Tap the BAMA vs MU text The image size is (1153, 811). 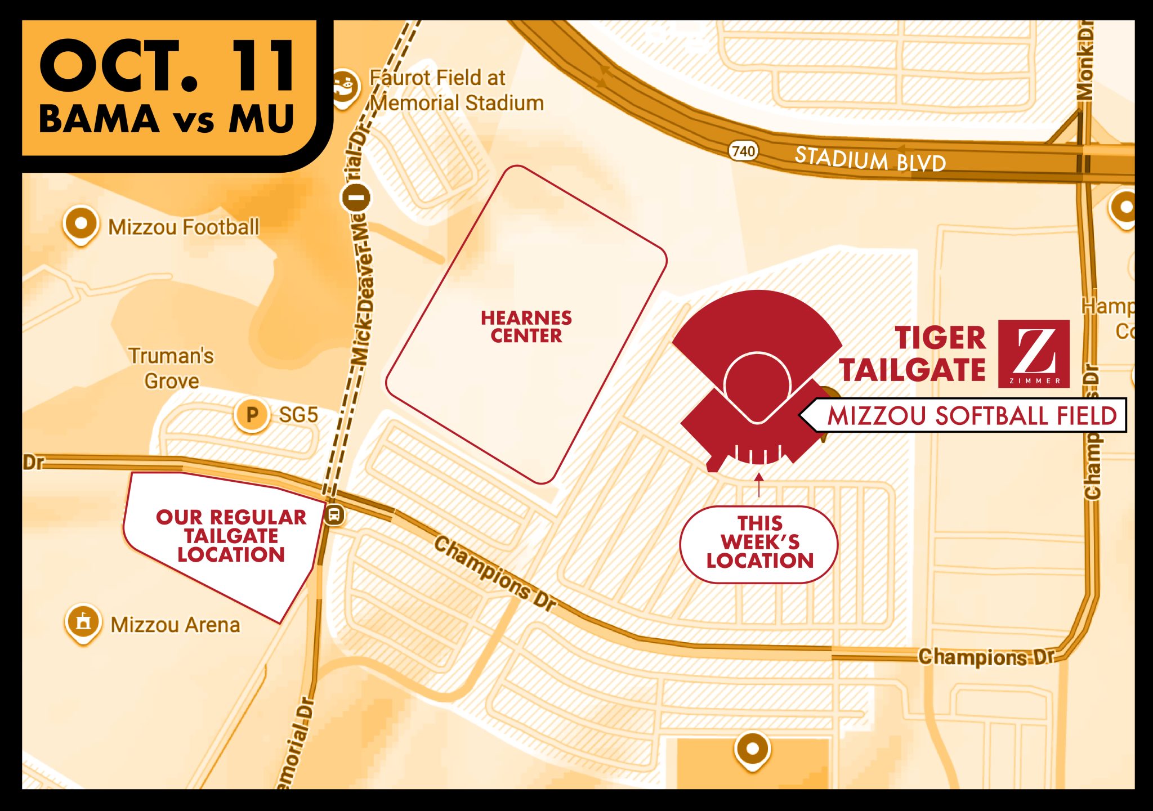(167, 119)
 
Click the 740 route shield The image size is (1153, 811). (743, 151)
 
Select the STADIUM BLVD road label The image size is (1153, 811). (870, 159)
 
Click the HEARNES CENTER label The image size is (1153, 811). (526, 326)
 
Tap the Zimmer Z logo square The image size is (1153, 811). (1034, 353)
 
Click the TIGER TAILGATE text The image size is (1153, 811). (913, 353)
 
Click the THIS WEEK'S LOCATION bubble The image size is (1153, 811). (759, 543)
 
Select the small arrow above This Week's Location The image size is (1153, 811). (759, 483)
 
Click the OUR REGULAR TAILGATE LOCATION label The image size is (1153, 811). (231, 536)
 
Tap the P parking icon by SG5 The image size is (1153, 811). (252, 415)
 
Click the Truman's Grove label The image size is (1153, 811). (171, 368)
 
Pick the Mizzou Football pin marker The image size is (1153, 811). (81, 224)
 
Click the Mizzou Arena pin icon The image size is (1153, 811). (83, 622)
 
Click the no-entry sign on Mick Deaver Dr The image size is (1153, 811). (356, 198)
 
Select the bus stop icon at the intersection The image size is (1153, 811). (334, 514)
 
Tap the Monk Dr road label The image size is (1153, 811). (1085, 62)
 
